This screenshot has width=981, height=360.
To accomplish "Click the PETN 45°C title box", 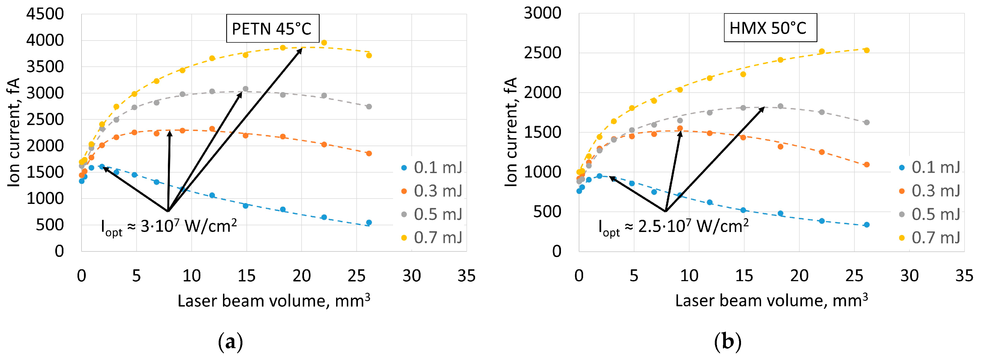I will tap(272, 29).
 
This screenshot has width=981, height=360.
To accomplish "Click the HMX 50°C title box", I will tap(770, 28).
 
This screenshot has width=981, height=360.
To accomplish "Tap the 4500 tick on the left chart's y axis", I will tap(45, 14).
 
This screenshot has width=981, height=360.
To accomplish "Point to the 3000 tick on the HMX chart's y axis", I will tap(542, 13).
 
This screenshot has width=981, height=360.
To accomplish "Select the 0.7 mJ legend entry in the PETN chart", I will tap(432, 238).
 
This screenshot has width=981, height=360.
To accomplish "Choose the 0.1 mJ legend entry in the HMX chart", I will tap(930, 168).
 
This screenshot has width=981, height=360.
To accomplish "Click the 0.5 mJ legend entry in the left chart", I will tap(432, 214).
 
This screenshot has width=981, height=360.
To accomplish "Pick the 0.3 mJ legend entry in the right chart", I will tap(930, 191).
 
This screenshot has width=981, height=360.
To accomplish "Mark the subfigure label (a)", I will tap(230, 342).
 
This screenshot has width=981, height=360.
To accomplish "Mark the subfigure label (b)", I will tap(728, 342).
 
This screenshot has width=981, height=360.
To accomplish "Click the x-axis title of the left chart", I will tap(273, 301).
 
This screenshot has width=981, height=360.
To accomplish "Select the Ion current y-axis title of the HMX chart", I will tap(511, 132).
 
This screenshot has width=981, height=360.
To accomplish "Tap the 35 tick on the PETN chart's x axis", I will tap(466, 276).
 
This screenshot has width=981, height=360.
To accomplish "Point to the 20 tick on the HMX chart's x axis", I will tap(799, 276).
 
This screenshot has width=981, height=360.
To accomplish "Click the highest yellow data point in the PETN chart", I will tap(324, 43).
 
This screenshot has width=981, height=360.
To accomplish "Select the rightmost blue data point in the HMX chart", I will tap(867, 225).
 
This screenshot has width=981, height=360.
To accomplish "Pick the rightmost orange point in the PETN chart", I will tap(369, 153).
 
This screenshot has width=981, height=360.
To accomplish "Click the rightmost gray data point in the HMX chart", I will tap(867, 123).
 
